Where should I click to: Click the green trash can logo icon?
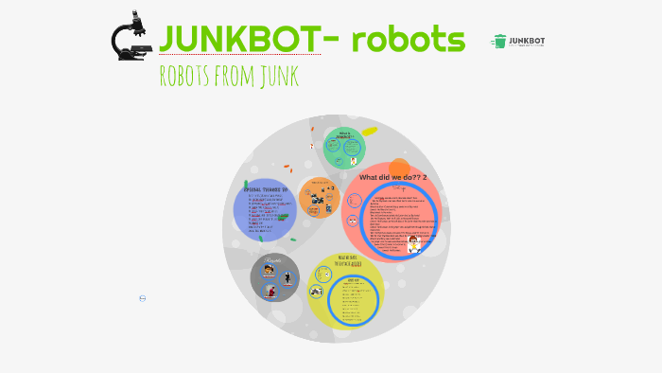tap(498, 41)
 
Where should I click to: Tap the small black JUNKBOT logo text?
tap(527, 40)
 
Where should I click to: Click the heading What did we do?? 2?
tap(392, 177)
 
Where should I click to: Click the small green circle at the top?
tap(344, 147)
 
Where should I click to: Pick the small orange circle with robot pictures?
tap(320, 199)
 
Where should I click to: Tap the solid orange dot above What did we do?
tap(399, 169)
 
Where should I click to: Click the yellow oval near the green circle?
tap(369, 132)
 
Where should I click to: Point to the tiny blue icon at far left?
tap(142, 298)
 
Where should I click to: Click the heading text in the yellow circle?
tap(346, 260)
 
